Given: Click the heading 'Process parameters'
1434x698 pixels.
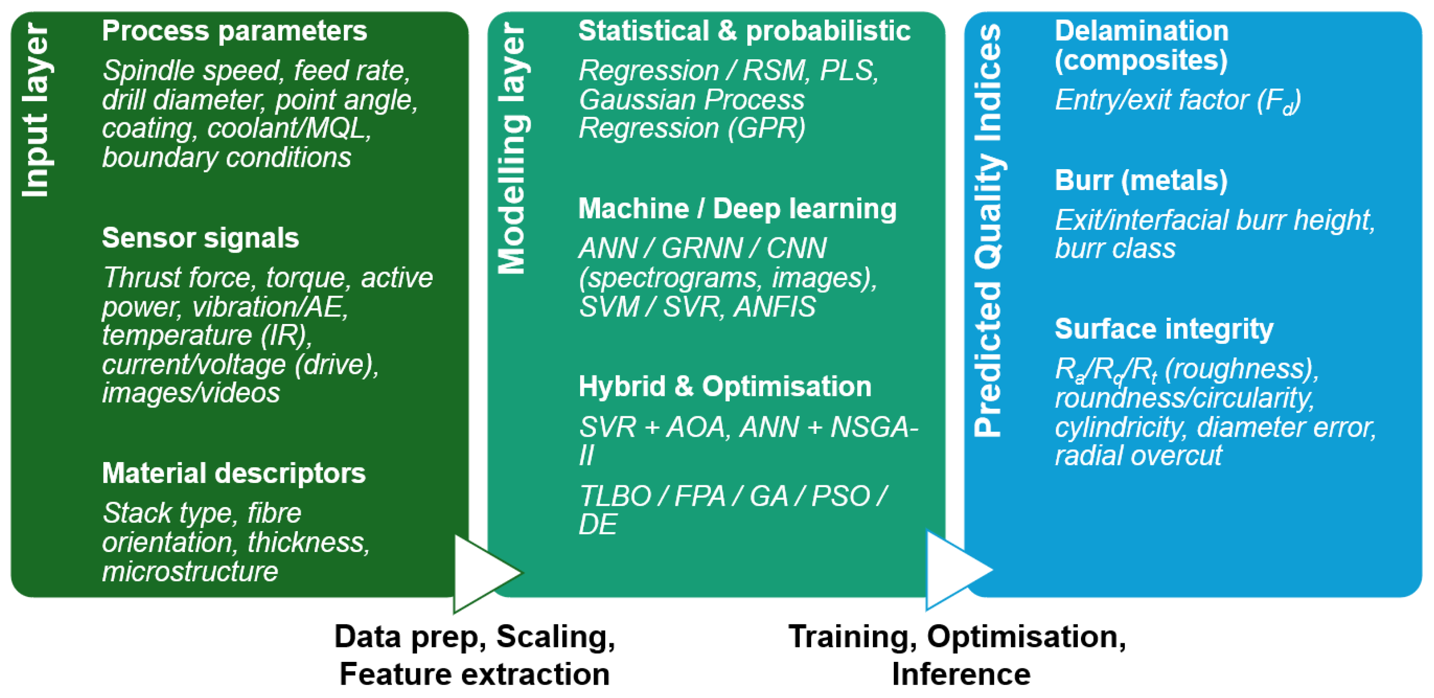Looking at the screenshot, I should coord(234,31).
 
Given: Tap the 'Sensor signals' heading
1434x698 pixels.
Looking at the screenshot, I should coord(201,238).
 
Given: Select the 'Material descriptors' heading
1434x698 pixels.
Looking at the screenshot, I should coord(234,474).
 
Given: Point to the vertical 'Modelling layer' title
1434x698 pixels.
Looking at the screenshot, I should coord(512,149).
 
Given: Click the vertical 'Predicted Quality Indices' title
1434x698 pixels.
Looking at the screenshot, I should coord(989,229).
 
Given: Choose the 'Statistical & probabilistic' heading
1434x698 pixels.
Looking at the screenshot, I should coord(744,31).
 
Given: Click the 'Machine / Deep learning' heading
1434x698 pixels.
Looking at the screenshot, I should coord(738,209).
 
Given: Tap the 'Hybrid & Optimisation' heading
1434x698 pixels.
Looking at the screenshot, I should coord(725,387).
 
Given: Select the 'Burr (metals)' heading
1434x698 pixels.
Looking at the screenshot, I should coord(1141,180).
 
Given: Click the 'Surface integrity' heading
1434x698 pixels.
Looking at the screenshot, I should coord(1164,329).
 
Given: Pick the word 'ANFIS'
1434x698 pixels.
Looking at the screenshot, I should coord(775,307).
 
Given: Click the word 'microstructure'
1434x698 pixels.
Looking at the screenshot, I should coord(190,571).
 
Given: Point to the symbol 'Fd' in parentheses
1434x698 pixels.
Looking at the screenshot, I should coord(1280,102).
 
